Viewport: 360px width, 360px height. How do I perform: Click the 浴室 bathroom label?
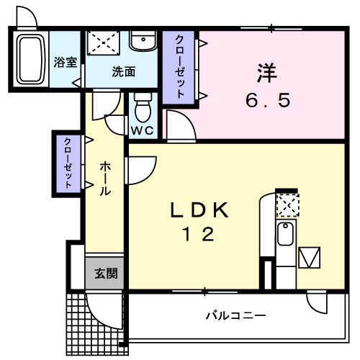point(66,62)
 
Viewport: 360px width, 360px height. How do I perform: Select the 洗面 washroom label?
point(123,71)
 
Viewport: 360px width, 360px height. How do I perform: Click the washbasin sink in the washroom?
point(145,40)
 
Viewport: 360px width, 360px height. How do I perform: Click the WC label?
point(140,130)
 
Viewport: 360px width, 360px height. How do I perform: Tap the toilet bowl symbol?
point(142,109)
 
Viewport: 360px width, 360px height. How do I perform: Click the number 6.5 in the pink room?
point(268,101)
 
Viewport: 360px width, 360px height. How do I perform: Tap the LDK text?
point(199,210)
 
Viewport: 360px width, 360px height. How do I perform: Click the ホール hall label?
point(104,179)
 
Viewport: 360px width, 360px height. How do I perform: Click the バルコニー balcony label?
point(235,315)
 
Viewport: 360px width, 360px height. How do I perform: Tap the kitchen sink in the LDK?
point(285,234)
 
